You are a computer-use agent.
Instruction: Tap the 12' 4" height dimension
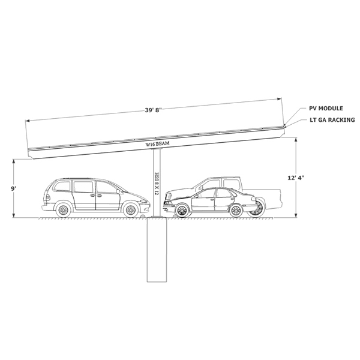tap(296, 178)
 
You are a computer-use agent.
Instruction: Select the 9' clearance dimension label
tap(14, 189)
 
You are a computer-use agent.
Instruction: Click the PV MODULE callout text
tap(326, 109)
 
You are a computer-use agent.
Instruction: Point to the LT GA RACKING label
tap(332, 120)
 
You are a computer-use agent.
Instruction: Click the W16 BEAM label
tap(157, 144)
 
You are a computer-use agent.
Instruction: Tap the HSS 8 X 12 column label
tap(157, 184)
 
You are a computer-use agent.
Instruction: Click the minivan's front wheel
tap(131, 210)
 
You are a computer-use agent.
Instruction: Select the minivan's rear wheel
tap(64, 210)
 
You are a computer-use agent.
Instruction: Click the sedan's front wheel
tap(182, 211)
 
